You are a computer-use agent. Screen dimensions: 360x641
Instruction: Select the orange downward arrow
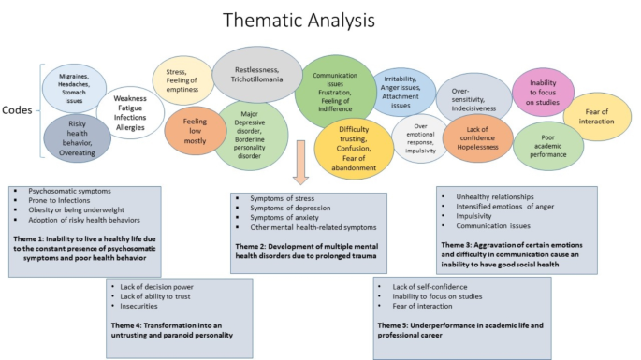tap(301, 162)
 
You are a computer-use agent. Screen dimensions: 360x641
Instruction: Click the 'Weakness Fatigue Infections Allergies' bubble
tap(127, 113)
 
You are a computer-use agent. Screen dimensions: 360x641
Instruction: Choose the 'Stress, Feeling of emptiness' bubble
tap(187, 74)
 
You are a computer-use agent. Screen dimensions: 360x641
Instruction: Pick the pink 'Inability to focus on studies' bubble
tap(543, 87)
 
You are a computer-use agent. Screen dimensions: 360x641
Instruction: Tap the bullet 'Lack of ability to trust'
tap(154, 295)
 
